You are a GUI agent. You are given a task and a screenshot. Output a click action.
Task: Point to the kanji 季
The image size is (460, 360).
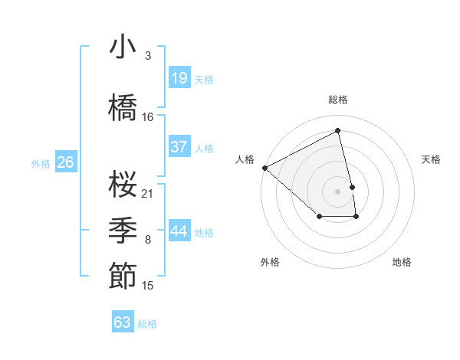tap(123, 229)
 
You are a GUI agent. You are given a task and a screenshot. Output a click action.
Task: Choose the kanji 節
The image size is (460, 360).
tap(123, 275)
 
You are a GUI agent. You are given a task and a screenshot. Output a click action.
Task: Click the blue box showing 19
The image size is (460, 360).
tap(179, 77)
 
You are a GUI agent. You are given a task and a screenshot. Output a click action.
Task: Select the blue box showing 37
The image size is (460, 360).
tap(179, 147)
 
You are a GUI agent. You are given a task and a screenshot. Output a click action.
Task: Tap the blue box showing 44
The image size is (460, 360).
tap(179, 231)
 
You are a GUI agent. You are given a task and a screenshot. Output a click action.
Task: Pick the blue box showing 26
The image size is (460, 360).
tap(66, 162)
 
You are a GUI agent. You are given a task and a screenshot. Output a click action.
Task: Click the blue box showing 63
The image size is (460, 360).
tap(123, 322)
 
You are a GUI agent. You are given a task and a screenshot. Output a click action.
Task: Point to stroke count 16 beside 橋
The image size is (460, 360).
tap(148, 117)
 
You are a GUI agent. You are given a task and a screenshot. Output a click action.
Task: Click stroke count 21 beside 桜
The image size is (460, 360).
tap(148, 193)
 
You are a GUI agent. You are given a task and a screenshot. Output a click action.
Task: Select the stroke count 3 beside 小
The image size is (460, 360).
tap(148, 57)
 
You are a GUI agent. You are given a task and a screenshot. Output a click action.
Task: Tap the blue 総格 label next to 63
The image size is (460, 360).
tap(147, 324)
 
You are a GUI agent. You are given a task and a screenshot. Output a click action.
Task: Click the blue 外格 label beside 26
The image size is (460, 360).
tap(41, 163)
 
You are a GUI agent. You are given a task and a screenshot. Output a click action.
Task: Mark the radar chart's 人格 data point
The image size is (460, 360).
tap(264, 167)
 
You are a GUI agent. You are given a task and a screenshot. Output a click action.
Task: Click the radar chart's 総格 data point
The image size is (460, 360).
tap(337, 131)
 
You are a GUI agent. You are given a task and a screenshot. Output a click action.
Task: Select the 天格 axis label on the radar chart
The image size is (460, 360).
tap(431, 159)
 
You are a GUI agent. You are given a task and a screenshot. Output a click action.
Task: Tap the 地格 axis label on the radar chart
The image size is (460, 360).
tap(402, 262)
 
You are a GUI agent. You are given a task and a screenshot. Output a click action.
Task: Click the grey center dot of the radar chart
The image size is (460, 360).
tap(337, 191)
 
